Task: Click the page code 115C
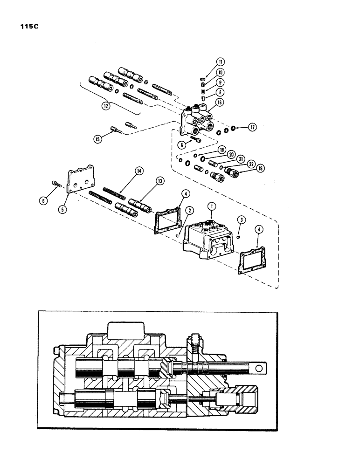pyautogui.click(x=29, y=27)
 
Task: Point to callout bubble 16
pyautogui.click(x=218, y=103)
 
